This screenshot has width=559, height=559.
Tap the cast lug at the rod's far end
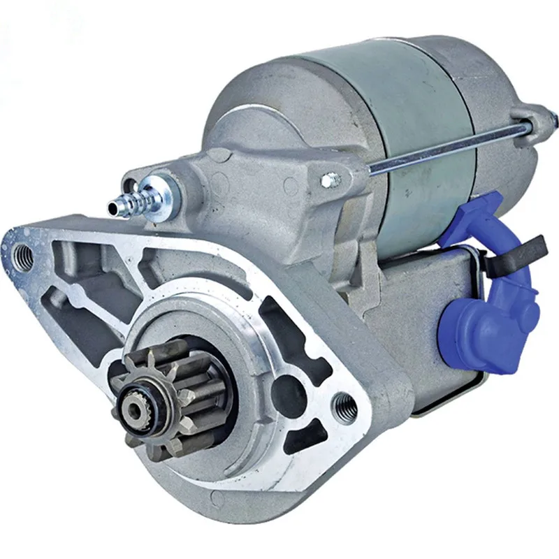[x=538, y=119]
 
